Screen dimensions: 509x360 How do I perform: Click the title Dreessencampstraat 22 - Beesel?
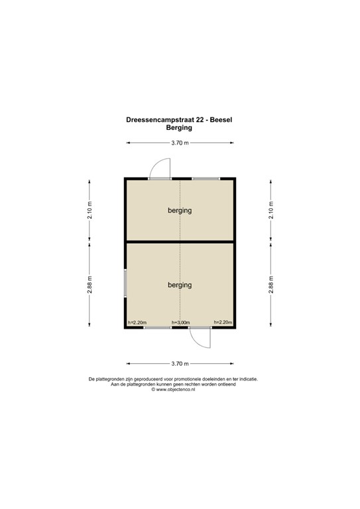point(180,120)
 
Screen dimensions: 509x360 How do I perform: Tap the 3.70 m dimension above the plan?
point(180,142)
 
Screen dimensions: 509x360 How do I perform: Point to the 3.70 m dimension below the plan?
point(180,363)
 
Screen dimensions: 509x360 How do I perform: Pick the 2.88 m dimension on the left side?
point(90,285)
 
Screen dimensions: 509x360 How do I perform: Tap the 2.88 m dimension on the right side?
point(270,285)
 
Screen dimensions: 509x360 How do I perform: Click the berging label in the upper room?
point(180,211)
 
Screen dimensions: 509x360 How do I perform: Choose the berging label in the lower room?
point(180,285)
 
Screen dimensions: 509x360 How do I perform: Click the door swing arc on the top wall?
point(161,168)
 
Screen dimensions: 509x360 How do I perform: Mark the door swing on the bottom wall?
point(200,338)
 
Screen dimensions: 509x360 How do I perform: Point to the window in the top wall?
point(206,178)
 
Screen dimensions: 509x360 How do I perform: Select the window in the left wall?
point(125,284)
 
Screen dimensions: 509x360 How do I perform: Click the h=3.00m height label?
point(180,323)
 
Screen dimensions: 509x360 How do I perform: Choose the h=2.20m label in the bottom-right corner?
point(222,323)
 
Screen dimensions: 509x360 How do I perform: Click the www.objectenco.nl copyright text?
point(180,390)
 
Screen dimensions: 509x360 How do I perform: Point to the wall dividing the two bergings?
point(180,243)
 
